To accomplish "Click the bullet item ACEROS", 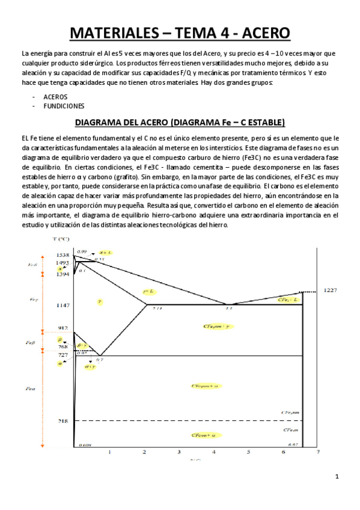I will pos(55,96).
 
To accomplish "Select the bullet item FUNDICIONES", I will pos(64,105).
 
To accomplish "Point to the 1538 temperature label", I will pos(63,255).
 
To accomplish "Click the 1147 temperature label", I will pos(63,306).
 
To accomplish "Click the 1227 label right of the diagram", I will pos(332,290).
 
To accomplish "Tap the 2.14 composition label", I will pos(158,309).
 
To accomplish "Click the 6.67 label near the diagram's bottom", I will pos(293,444).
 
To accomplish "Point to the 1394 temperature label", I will pos(63,274).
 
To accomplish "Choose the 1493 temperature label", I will pos(63,263).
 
